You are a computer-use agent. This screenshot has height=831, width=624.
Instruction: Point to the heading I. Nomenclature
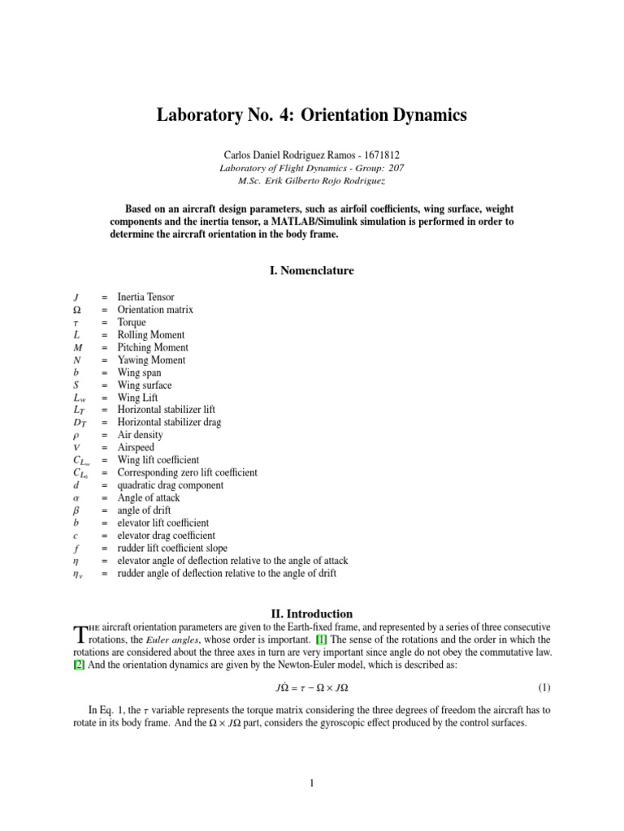click(311, 270)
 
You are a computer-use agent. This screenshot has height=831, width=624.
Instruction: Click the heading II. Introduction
click(311, 614)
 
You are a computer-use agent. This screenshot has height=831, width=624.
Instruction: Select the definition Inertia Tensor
click(145, 298)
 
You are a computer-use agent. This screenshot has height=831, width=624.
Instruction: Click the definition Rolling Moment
click(151, 335)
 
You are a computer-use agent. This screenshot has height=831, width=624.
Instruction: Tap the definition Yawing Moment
click(152, 360)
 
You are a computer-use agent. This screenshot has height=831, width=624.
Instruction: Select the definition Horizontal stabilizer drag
click(169, 423)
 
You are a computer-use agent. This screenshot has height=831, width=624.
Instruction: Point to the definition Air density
click(141, 435)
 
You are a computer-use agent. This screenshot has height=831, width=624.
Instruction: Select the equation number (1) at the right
click(544, 687)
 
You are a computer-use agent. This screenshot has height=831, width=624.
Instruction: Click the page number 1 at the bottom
click(311, 783)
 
